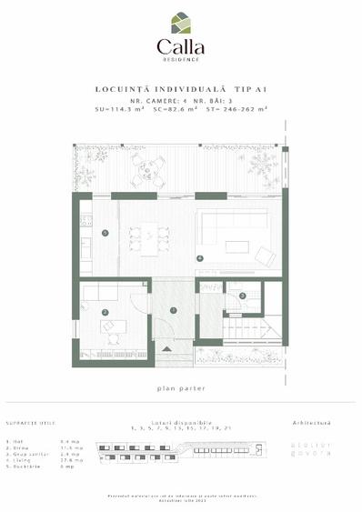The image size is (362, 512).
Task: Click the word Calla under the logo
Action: click(x=180, y=46)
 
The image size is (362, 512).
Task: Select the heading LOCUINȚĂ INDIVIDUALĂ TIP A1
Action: click(x=180, y=89)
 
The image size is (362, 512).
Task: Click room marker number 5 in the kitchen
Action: click(x=106, y=234)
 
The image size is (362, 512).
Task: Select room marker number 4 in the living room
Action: click(x=199, y=258)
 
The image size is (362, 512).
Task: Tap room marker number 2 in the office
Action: click(x=106, y=313)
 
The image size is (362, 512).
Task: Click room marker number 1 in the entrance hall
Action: click(x=173, y=311)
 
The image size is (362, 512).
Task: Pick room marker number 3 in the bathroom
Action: click(x=243, y=296)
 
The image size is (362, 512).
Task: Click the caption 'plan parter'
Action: click(x=180, y=388)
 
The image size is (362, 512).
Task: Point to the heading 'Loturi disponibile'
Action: click(x=181, y=423)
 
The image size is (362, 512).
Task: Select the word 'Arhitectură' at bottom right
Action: click(x=311, y=423)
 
